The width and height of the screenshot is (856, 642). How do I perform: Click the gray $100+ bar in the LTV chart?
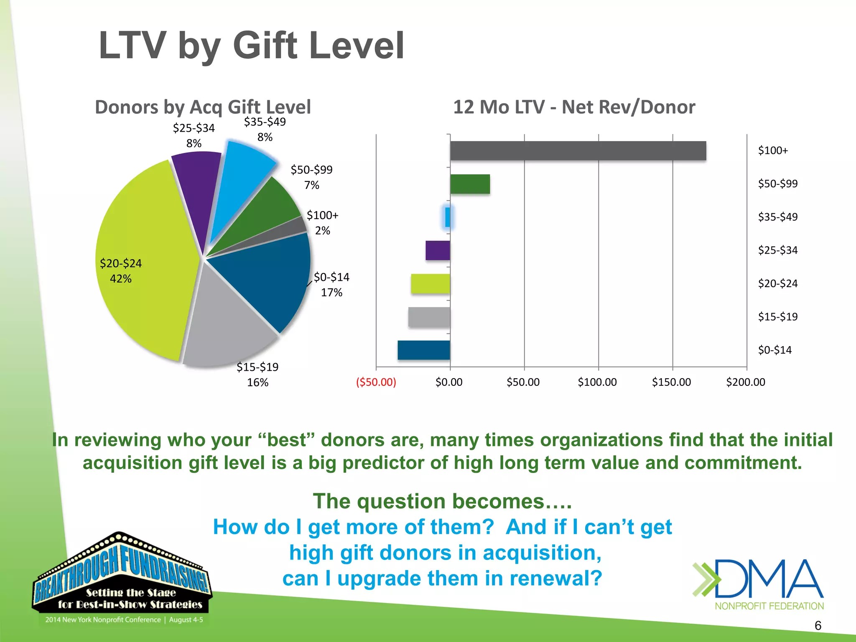578,151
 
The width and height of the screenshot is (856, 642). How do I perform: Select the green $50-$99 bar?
470,184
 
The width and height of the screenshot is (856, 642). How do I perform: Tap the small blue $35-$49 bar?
448,217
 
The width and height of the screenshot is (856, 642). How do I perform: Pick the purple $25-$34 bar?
438,251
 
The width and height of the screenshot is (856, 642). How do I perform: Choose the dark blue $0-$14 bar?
424,350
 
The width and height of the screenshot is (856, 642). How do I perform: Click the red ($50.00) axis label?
376,382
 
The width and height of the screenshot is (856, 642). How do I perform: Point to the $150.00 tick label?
671,382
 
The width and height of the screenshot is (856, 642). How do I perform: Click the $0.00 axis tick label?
449,382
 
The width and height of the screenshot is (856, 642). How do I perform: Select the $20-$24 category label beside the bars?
778,284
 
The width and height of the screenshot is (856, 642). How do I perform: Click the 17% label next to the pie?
331,293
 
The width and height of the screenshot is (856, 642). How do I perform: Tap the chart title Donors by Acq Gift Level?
203,107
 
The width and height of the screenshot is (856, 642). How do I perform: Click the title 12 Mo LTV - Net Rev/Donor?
574,107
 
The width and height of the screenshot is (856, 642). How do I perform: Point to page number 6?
818,626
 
